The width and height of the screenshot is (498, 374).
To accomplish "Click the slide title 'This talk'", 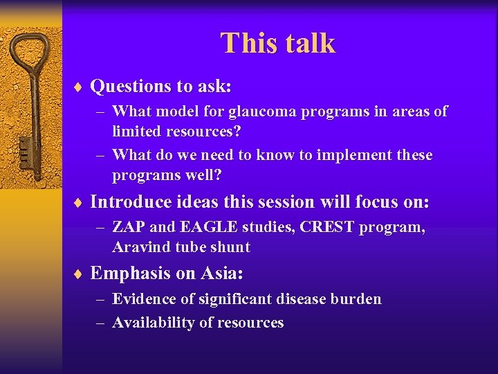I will click(x=277, y=43).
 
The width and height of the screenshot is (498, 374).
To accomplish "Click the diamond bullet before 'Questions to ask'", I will click(x=80, y=87).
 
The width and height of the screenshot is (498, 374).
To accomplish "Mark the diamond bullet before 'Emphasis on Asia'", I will click(x=80, y=274).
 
